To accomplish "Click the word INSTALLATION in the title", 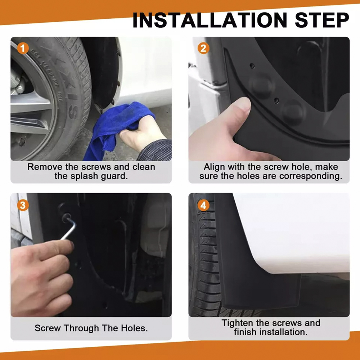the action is [x=210, y=20].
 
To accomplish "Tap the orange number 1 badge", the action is [x=23, y=49].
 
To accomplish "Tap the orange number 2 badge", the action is [x=203, y=49].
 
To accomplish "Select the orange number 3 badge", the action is [x=23, y=205].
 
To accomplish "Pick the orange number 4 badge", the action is [x=203, y=205].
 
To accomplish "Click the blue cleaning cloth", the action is [x=115, y=129].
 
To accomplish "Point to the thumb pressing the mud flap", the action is [x=239, y=110].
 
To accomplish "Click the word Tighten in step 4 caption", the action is [x=237, y=323].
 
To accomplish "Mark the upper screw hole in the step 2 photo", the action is [x=252, y=66].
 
